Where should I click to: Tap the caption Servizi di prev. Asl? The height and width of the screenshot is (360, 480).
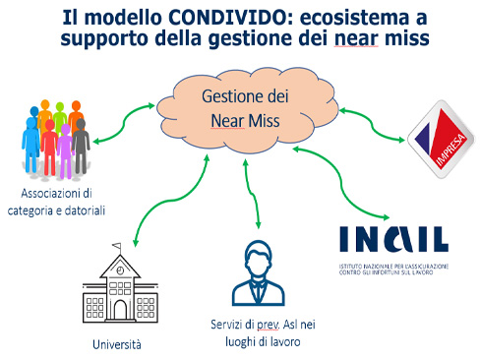click(258, 326)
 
